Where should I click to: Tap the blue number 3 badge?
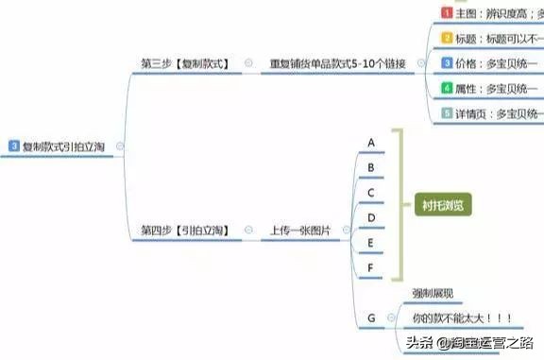(14, 146)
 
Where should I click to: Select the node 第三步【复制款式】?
(188, 63)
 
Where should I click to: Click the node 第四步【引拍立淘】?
(188, 230)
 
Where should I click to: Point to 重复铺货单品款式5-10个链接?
(337, 63)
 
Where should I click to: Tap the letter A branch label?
(371, 143)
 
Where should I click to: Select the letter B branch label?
(371, 168)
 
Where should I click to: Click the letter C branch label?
(371, 193)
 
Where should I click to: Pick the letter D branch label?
(371, 217)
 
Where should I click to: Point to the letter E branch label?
(371, 243)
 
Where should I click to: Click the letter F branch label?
(371, 267)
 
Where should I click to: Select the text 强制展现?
(433, 294)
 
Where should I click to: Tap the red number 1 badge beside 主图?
(448, 13)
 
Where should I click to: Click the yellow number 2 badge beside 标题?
(448, 39)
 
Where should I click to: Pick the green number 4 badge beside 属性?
(448, 88)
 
